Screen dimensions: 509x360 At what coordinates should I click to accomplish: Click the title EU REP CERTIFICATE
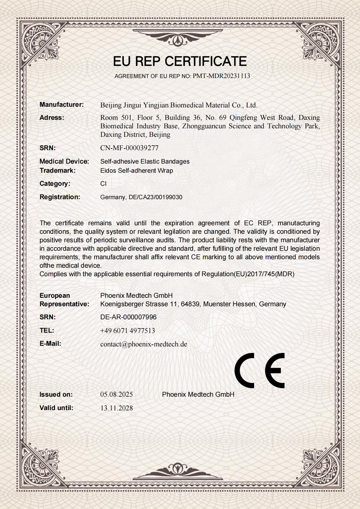click(180, 61)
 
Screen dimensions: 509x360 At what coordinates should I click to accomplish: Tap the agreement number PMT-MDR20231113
click(221, 76)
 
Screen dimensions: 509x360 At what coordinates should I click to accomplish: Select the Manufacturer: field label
click(61, 105)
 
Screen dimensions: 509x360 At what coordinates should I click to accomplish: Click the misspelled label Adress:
click(52, 118)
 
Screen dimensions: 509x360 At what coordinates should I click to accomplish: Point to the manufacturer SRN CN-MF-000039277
click(129, 148)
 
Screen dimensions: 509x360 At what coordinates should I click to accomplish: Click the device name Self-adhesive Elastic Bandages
click(145, 161)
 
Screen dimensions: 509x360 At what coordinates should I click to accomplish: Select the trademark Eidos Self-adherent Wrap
click(137, 170)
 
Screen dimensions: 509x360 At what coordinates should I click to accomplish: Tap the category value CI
click(103, 184)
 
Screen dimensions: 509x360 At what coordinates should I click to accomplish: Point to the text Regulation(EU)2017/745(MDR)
click(248, 274)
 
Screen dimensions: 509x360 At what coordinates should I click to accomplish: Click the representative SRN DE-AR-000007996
click(128, 317)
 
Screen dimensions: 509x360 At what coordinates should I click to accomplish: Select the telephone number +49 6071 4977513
click(127, 331)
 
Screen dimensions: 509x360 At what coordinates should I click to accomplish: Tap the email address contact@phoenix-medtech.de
click(143, 344)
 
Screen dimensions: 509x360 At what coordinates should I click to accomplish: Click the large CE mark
click(259, 371)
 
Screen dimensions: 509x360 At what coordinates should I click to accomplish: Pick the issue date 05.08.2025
click(116, 394)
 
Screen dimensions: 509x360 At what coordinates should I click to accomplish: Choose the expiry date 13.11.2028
click(116, 408)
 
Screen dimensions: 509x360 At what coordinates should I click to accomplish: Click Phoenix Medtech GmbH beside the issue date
click(198, 394)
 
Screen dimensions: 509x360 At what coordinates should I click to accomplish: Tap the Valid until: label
click(56, 408)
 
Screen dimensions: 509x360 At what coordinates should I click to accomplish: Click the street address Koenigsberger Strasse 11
click(139, 304)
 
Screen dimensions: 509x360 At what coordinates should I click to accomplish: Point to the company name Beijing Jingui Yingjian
click(134, 105)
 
